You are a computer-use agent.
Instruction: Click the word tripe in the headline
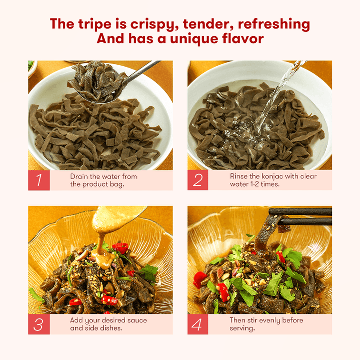95,24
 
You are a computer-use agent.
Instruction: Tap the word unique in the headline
194,39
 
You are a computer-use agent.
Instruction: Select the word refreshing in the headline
274,24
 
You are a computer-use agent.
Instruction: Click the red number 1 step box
39,180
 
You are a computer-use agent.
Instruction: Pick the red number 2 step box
198,180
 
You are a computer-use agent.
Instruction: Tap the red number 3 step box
39,324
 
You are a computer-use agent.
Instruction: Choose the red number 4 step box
198,324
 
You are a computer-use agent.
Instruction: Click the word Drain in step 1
79,176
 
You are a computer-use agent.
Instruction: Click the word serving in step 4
241,329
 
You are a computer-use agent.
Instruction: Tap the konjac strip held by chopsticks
266,234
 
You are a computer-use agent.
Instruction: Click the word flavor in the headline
243,39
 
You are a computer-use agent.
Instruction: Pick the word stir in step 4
246,320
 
